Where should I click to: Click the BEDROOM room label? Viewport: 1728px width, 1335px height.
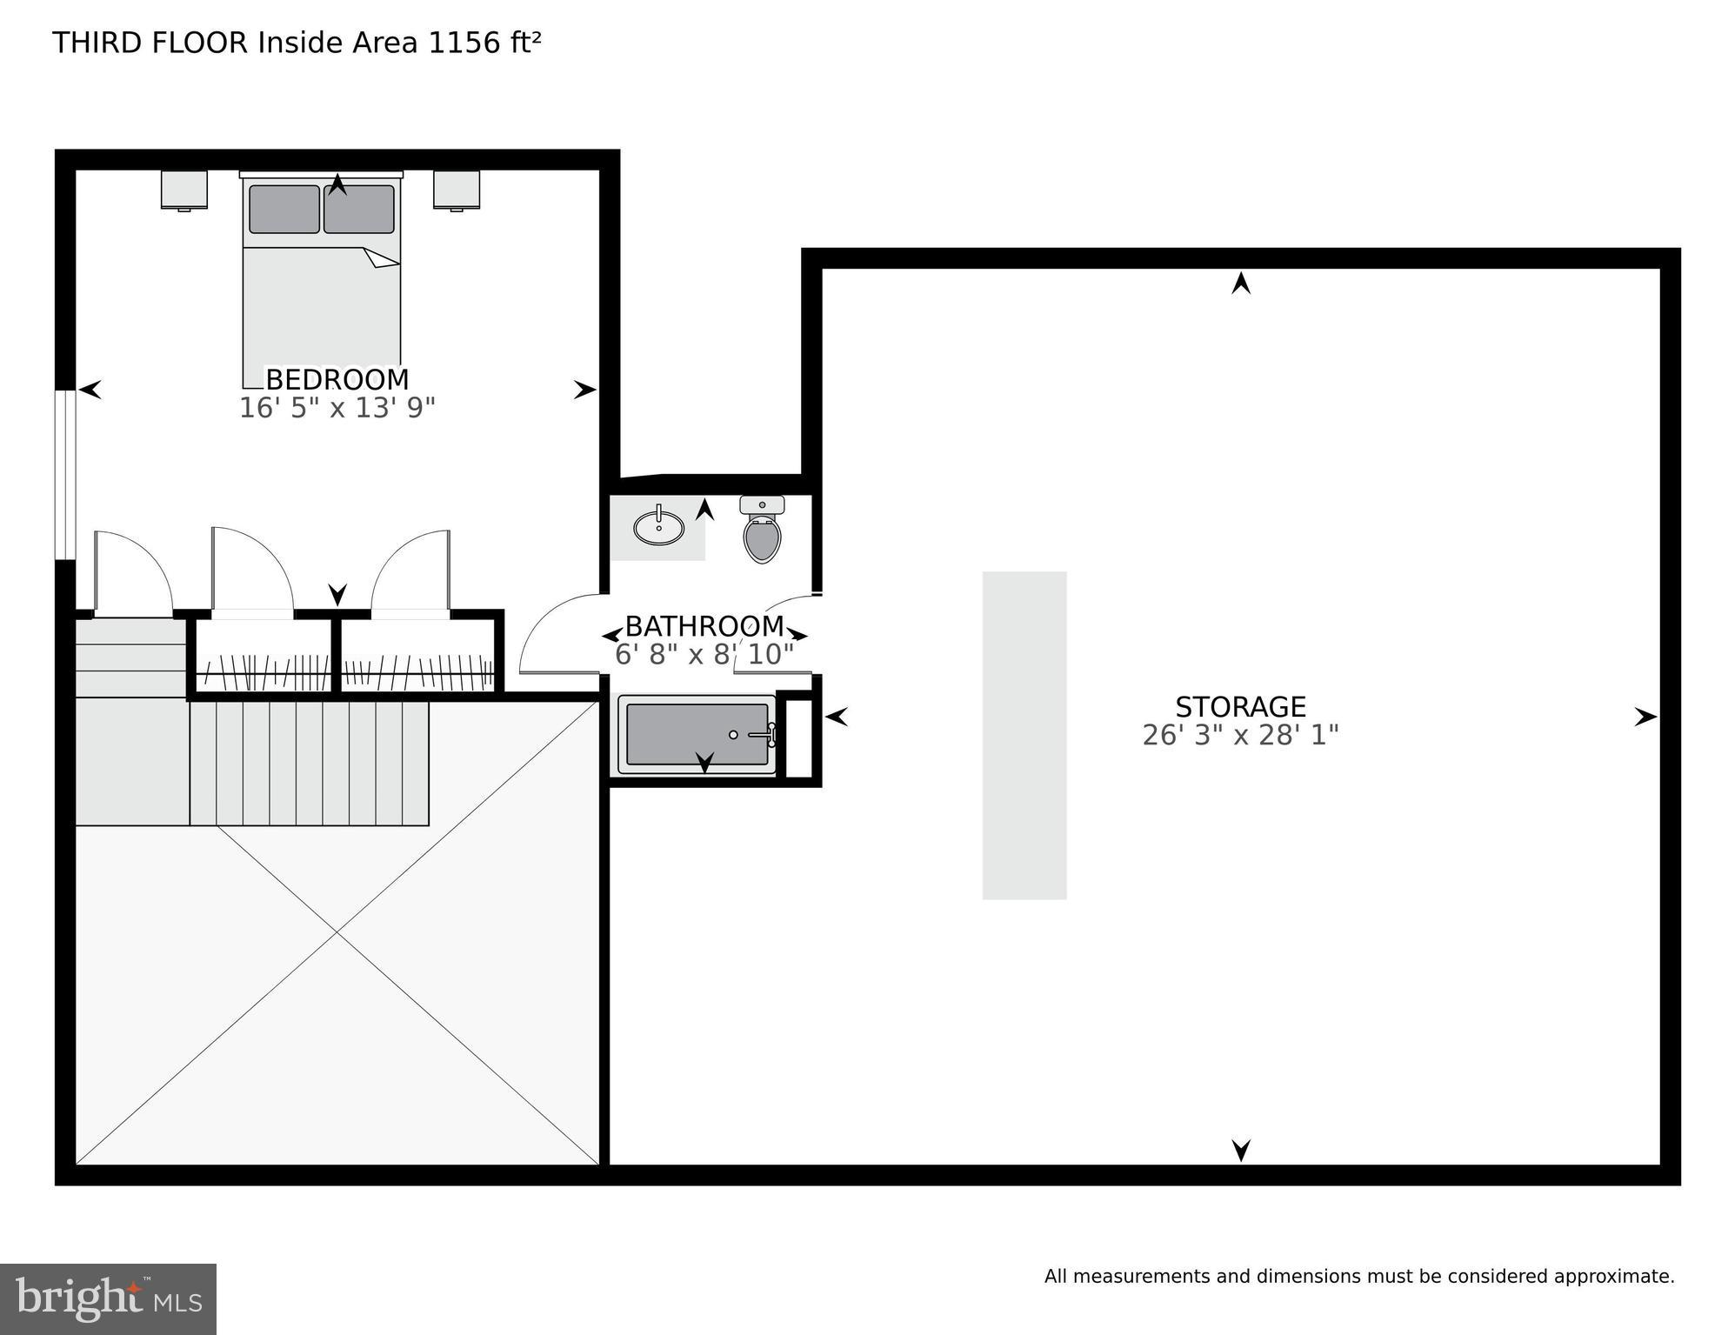click(337, 380)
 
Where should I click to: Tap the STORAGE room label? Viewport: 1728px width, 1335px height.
click(1240, 706)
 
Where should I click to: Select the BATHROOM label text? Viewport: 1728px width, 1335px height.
click(704, 626)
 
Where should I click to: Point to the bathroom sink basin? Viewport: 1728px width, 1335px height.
click(658, 527)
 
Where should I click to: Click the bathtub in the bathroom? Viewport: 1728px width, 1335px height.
click(697, 735)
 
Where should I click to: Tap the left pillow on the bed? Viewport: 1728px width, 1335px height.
click(284, 209)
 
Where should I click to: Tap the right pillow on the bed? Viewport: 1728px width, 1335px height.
click(359, 210)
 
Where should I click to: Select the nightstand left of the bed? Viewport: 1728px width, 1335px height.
click(183, 190)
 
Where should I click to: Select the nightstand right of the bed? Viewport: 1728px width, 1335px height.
click(457, 190)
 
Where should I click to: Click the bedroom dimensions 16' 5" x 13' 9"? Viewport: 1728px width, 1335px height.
click(337, 408)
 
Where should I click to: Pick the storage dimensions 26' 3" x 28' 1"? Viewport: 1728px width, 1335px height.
click(1240, 736)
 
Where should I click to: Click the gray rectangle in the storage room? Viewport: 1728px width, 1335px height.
click(1024, 735)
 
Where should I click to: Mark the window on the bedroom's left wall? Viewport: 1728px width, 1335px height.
click(65, 475)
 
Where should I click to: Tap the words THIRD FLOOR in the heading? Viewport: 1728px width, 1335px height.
click(150, 43)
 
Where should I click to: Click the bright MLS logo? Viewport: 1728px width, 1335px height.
click(108, 1298)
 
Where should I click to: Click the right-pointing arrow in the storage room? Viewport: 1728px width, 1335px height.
click(1645, 718)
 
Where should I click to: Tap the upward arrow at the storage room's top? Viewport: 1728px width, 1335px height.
click(1241, 284)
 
